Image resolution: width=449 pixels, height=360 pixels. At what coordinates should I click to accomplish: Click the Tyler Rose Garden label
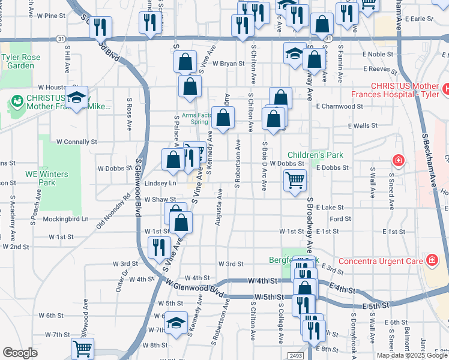point(17,62)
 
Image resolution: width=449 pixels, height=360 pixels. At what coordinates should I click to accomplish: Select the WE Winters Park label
point(46,178)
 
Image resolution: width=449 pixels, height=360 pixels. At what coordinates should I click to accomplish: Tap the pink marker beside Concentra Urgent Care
point(431,260)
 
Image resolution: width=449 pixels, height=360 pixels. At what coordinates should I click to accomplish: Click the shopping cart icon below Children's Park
point(295,179)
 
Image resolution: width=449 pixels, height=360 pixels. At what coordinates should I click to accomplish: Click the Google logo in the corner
point(19,353)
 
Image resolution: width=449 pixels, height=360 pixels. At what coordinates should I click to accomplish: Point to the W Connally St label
point(76,142)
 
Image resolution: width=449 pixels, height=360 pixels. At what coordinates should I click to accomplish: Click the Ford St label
point(340,219)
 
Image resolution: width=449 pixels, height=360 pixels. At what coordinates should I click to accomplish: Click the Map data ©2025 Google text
point(412,355)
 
